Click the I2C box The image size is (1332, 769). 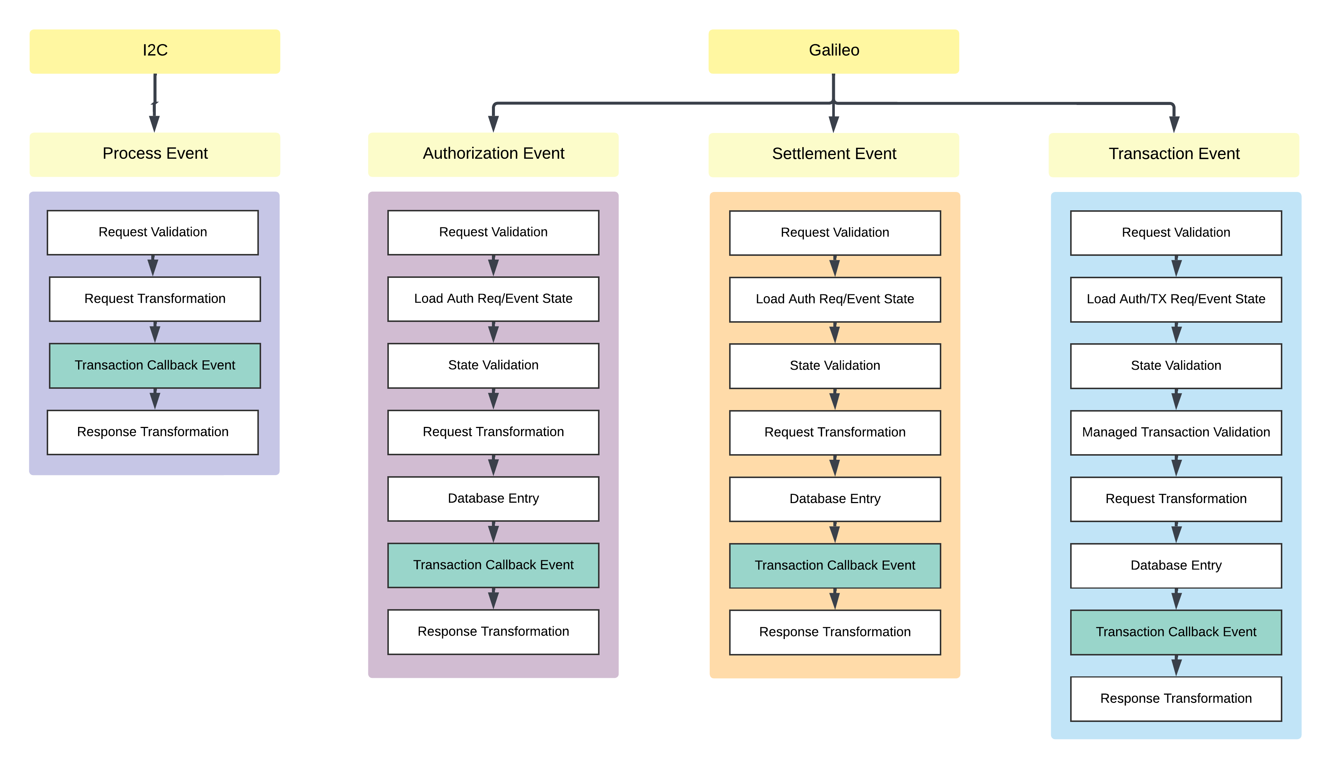coord(155,51)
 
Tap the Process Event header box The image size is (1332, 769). coord(155,154)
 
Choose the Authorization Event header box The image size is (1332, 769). coord(493,154)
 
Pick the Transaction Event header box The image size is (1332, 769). coord(1174,154)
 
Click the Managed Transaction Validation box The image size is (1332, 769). coord(1175,432)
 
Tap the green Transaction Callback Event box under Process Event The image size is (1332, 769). coord(155,366)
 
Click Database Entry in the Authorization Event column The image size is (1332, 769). coord(493,499)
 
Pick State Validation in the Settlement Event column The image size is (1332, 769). coord(834,366)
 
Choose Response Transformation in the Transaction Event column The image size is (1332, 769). coord(1175,699)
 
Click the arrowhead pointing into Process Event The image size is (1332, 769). coord(154,124)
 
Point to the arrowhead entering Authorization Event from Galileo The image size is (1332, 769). coord(493,124)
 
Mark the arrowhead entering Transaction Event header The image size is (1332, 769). coord(1174,124)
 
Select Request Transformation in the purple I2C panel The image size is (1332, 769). coord(155,299)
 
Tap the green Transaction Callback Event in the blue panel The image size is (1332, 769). coord(1175,632)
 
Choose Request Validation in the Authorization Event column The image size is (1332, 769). coord(493,232)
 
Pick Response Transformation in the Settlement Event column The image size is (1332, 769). coord(834,632)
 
